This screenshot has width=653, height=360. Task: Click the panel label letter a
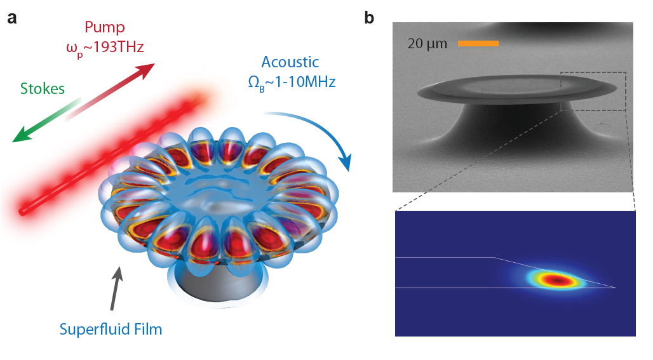click(12, 18)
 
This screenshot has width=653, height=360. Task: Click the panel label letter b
click(369, 18)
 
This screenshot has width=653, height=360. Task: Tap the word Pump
click(105, 27)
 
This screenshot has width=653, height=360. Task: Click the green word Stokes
click(43, 88)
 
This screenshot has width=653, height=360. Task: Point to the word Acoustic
click(290, 63)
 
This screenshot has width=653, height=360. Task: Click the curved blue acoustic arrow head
click(346, 166)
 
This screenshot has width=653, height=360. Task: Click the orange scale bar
click(478, 44)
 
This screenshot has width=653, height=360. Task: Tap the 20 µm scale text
click(427, 44)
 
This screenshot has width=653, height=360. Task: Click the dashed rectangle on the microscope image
click(594, 91)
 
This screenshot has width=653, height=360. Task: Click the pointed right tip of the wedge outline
click(615, 288)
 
